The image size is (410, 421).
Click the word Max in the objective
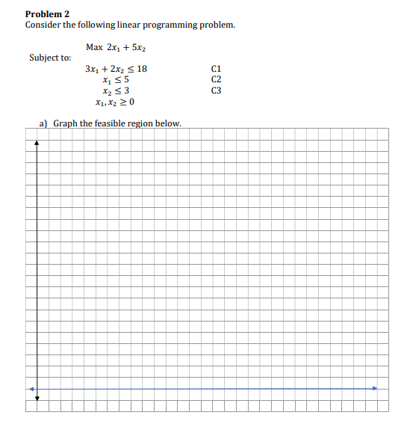94,47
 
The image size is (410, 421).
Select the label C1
217,69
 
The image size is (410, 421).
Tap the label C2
217,79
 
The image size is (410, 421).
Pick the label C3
217,90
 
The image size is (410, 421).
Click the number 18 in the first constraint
141,69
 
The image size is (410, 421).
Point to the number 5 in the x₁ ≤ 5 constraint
126,79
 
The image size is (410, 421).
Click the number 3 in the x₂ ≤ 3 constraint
126,90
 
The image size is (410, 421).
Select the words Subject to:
50,58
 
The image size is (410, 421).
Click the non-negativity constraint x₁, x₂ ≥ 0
115,102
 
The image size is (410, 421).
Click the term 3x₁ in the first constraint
93,69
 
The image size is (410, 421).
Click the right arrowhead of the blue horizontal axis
376,388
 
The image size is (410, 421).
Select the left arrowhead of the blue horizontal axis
31,388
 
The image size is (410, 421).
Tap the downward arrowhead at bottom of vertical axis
37,398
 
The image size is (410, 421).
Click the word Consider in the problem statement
43,25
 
